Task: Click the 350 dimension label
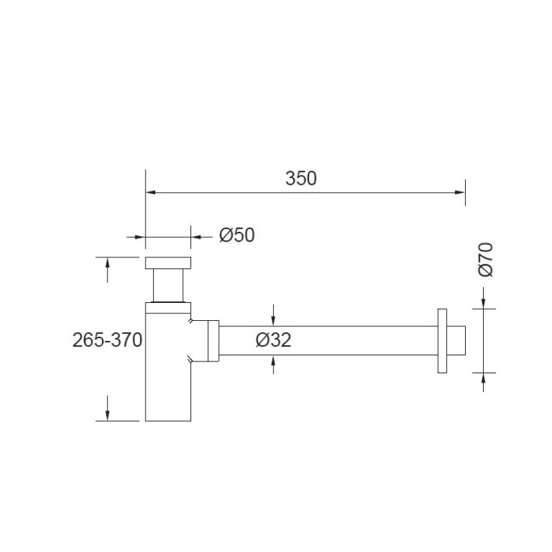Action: pos(301,179)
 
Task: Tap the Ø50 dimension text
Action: pos(237,235)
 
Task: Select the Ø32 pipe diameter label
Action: pos(273,340)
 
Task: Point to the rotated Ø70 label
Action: pos(486,259)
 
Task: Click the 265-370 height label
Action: pos(108,340)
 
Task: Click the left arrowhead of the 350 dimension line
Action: pos(150,193)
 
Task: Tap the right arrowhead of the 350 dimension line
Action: pos(460,193)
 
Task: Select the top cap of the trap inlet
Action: pos(168,263)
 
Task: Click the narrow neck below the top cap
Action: pos(168,286)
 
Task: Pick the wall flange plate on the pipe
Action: pos(442,341)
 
